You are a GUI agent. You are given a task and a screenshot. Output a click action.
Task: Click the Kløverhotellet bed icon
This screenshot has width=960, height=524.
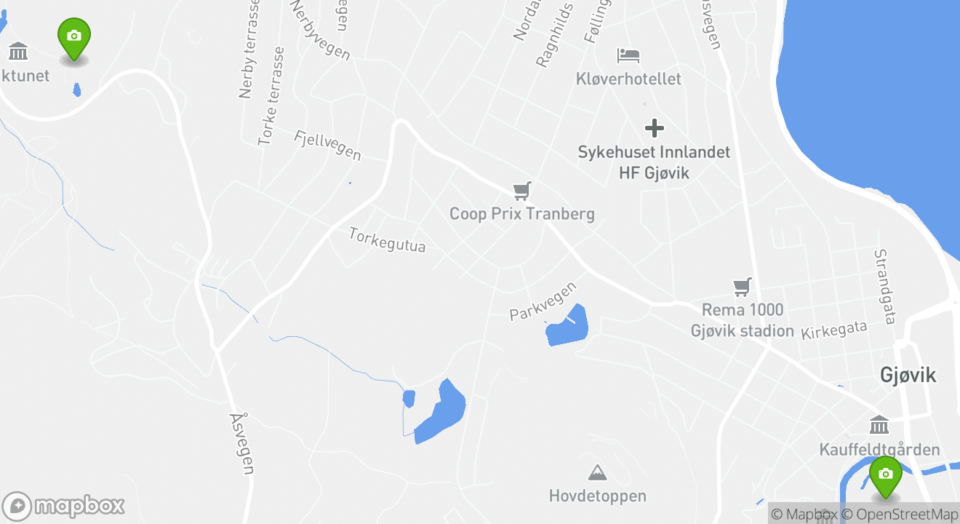[x=628, y=55]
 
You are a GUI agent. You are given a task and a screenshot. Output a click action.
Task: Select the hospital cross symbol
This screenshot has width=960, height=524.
[x=655, y=129]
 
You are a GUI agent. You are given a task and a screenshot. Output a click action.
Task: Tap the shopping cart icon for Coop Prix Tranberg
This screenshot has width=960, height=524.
[x=521, y=191]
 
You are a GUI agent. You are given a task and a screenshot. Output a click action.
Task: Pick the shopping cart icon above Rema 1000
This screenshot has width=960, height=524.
[x=742, y=287]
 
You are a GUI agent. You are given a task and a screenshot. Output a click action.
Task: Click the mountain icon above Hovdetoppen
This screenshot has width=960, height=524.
[x=597, y=472]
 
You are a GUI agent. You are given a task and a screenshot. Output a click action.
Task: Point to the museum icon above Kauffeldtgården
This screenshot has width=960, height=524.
[x=879, y=424]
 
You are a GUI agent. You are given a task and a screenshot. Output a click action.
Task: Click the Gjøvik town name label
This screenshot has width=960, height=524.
[x=908, y=375]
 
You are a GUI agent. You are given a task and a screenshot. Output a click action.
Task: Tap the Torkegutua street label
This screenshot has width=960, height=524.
[x=387, y=240]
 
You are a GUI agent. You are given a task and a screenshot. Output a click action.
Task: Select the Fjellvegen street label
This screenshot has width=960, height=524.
[x=327, y=145]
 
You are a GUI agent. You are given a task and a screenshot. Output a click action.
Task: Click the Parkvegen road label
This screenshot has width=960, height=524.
[x=543, y=301]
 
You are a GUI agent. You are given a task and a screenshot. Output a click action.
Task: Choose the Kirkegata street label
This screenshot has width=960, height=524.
[x=834, y=330]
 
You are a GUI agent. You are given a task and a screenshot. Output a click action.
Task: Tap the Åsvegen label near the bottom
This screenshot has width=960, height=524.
[x=241, y=443]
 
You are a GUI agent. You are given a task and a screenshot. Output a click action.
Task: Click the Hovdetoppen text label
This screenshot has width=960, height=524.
[x=597, y=496]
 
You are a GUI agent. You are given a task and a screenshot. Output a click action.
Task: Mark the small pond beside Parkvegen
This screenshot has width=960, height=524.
[x=567, y=326]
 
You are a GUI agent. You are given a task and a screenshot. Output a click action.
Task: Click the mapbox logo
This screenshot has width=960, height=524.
[x=64, y=506]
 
